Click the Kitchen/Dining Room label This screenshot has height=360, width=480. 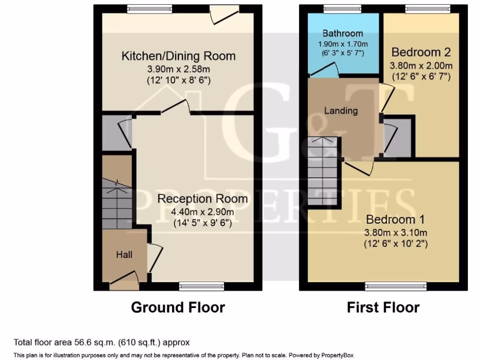coord(178,56)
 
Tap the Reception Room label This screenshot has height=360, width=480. coord(202,198)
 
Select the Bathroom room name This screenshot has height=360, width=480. coord(343,33)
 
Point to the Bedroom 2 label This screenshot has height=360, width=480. coord(421,52)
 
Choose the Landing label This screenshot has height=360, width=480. coord(341,111)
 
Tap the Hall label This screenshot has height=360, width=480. coord(124,255)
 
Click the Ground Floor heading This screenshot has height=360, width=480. coord(178,307)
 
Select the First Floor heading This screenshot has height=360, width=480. coord(383,307)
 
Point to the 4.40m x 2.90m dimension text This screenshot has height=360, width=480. coord(202,212)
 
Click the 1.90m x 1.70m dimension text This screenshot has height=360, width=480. coord(343,44)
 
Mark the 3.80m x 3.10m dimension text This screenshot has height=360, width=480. coord(395,232)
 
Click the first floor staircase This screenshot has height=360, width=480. coord(322,171)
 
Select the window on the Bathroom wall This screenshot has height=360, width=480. coord(342,8)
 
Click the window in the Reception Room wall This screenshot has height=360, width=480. coord(201,286)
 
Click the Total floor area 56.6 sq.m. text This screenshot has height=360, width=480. coord(102,343)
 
